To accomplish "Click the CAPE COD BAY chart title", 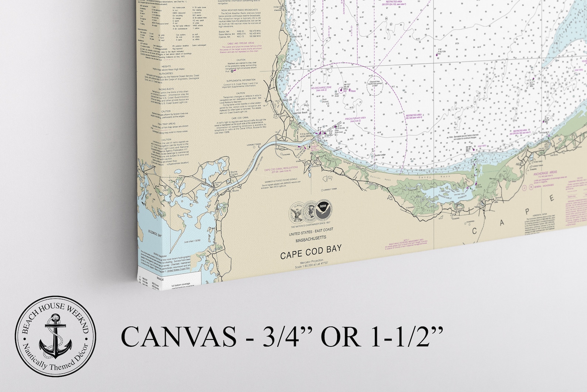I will click(x=311, y=255).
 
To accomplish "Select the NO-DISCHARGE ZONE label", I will click(x=321, y=88).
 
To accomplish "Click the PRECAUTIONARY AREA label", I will click(x=355, y=118).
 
